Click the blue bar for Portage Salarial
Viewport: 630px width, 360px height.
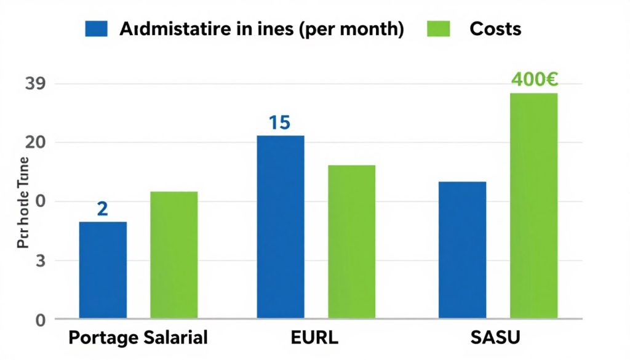tap(103, 270)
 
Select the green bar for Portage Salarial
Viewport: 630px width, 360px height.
tap(174, 255)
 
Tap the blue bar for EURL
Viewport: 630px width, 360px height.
tap(281, 227)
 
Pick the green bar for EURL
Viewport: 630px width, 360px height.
tap(351, 242)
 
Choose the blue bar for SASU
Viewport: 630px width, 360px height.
tap(463, 250)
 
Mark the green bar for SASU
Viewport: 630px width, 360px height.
tap(533, 206)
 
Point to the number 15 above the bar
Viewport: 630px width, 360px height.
tap(279, 122)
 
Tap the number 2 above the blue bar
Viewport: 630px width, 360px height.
tap(102, 209)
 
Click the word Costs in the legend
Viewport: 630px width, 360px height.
tap(495, 29)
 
